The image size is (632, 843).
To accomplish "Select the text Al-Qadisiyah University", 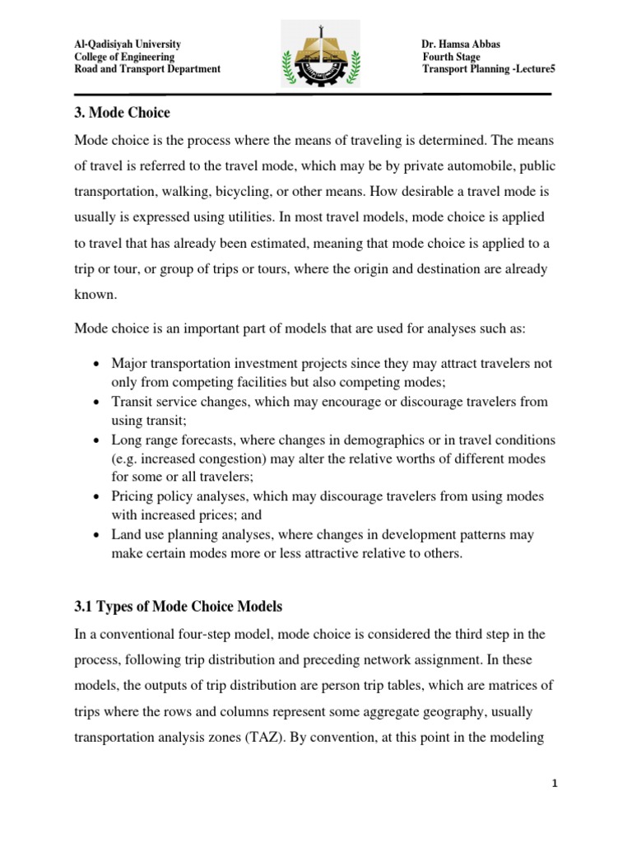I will pos(128,44).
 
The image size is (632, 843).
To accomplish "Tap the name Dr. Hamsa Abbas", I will pos(461,44).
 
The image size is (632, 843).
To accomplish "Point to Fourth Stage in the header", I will pos(453,57).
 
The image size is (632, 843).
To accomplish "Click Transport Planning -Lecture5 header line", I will pos(489,69).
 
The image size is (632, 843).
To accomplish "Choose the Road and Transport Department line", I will pos(147,69).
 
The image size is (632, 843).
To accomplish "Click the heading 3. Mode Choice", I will pos(122,112).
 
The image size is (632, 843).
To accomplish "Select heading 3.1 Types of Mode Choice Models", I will pos(179,607).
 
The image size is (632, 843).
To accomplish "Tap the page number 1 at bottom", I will pos(555,785).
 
